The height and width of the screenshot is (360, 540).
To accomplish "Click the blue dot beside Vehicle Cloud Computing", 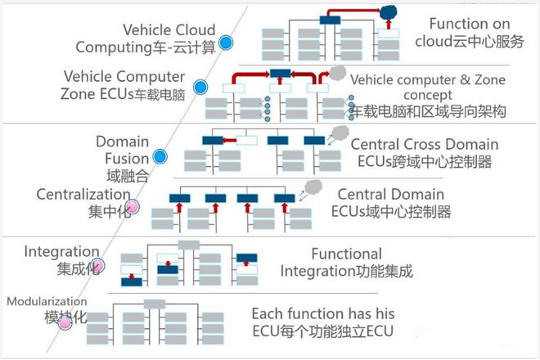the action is coord(226,43).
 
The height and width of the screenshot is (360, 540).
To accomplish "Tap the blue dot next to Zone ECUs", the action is coord(200,88).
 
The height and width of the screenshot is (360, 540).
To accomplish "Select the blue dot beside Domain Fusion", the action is coord(160,157).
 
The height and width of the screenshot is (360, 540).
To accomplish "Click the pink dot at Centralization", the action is coord(133,207).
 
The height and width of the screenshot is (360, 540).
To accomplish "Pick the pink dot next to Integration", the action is coord(97,266).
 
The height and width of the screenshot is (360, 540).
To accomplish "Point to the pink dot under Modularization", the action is coord(65,323).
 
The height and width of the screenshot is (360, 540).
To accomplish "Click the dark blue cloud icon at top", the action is coord(389,13).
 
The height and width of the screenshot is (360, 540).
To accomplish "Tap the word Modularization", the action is coord(47,301).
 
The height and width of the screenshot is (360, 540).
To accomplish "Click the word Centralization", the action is coord(83,194).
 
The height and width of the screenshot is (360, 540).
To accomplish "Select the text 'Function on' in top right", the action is coord(470,24).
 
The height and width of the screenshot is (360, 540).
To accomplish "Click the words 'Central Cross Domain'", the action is coord(425,144).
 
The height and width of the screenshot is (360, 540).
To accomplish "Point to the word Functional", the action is coord(346,254).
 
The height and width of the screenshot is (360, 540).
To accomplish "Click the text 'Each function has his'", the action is coord(323,314).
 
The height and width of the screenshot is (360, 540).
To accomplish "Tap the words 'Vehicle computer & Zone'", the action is coord(428,80).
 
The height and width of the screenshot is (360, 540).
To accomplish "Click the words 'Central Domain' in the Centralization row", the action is coord(390,194).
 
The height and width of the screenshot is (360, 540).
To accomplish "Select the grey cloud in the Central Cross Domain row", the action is coord(340,133).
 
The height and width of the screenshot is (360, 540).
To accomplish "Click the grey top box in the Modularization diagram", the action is coord(155,304).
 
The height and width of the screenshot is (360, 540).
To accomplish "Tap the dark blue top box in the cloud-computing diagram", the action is coord(330,20).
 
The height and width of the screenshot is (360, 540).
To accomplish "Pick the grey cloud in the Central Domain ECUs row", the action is coord(313,187).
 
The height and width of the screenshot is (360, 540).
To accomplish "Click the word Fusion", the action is coord(127,159).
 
